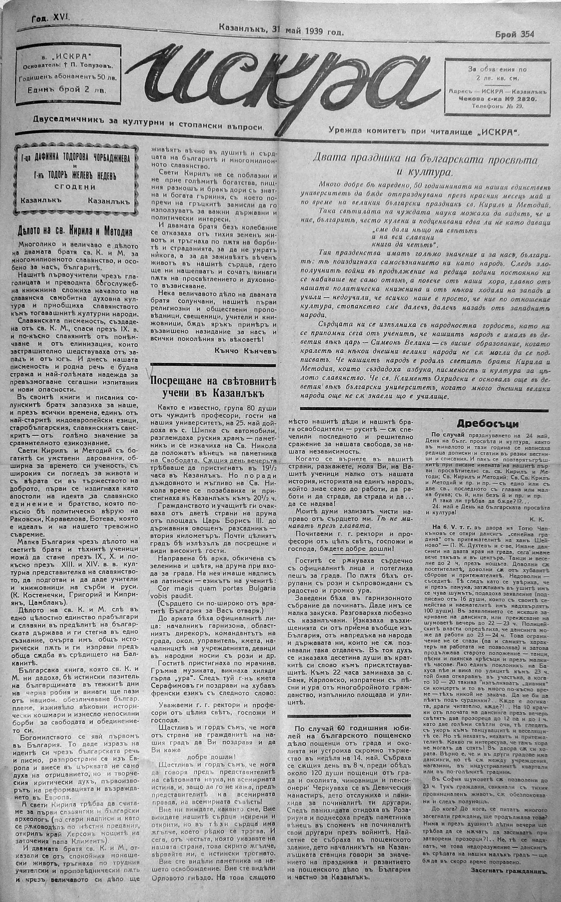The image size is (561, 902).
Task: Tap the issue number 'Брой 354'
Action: [515, 34]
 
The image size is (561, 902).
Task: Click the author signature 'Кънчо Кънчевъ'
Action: [245, 351]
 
